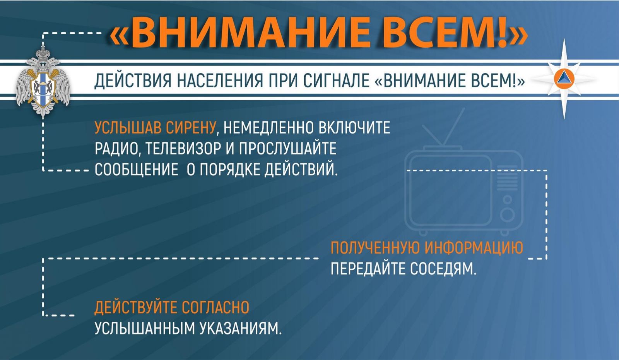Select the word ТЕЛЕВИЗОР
[183, 149]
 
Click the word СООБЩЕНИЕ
[137, 170]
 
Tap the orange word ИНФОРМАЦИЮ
[474, 247]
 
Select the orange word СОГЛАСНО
[215, 307]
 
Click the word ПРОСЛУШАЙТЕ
[288, 149]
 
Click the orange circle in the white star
[564, 79]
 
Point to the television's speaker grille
[507, 178]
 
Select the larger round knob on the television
[507, 215]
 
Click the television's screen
[451, 191]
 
